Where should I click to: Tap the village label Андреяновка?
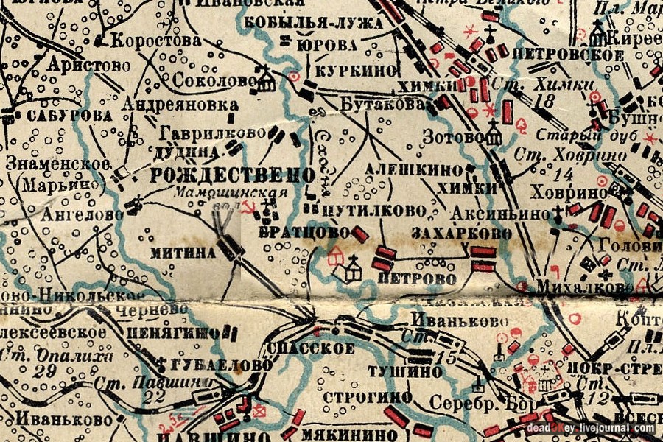click(180, 105)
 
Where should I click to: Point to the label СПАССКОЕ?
click(311, 348)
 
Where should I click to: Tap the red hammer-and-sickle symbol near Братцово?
click(251, 209)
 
